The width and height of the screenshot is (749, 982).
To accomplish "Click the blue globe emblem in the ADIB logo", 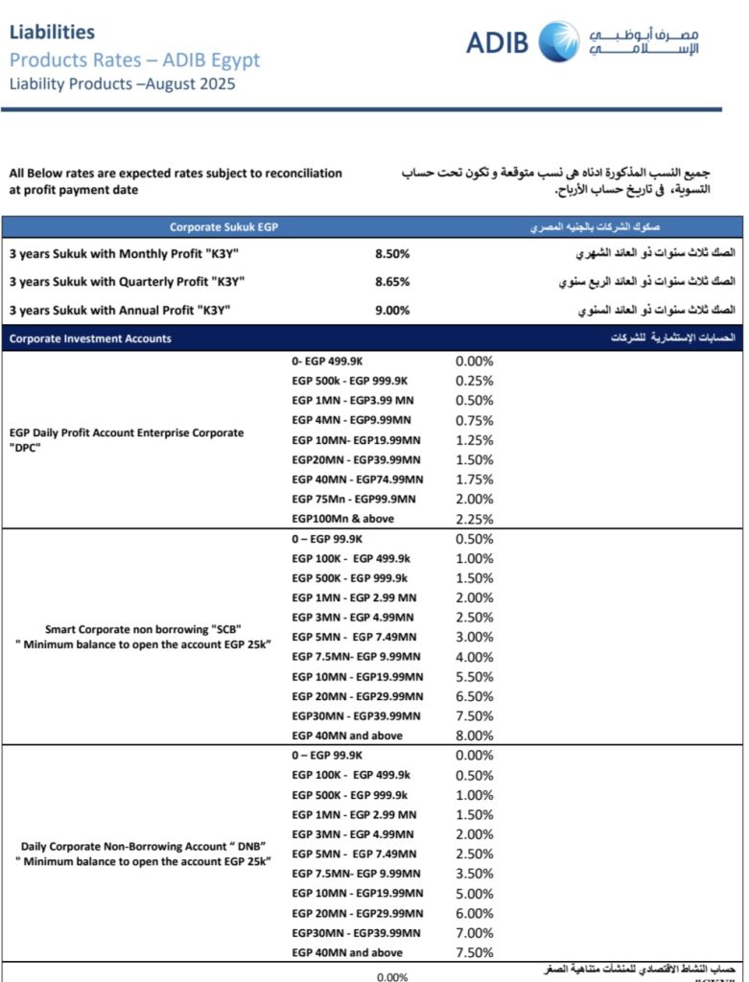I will [x=559, y=41].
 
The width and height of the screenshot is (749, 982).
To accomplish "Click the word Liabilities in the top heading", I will [x=52, y=32].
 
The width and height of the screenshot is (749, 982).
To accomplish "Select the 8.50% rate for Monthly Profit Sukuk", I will [x=392, y=254].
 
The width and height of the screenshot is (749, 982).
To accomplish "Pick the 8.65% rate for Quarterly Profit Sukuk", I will [x=392, y=282].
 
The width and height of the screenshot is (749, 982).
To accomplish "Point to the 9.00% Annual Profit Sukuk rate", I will [x=392, y=310].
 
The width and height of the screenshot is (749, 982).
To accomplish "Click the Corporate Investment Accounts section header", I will [x=90, y=339].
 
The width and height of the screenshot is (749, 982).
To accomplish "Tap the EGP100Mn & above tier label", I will [x=342, y=519].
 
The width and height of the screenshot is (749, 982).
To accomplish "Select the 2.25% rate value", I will [x=475, y=519].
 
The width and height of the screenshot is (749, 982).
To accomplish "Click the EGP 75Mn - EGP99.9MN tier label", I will [x=353, y=499].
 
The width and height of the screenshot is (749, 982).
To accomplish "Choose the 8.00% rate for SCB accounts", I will [x=475, y=736].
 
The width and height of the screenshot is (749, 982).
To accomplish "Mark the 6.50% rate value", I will [x=475, y=696].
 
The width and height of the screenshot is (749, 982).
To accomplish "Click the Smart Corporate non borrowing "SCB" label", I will [x=143, y=629].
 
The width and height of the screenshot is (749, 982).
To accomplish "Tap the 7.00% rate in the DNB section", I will [x=475, y=932].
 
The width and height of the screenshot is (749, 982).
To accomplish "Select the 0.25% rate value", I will [x=475, y=381].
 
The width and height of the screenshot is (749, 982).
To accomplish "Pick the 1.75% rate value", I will [x=475, y=479].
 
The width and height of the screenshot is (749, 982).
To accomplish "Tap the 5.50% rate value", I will [x=475, y=676].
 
